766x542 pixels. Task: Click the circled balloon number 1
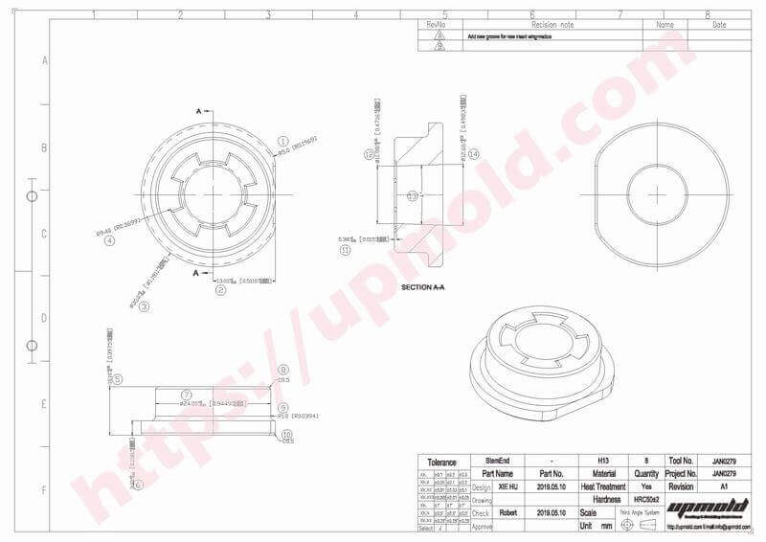click(283, 140)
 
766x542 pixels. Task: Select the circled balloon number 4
click(110, 241)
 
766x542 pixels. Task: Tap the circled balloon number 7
click(188, 395)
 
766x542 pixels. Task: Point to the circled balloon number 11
click(346, 250)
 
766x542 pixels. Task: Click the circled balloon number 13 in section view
click(413, 195)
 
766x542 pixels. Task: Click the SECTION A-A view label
click(422, 287)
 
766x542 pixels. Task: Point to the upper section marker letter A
click(199, 112)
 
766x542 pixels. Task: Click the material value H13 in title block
click(603, 460)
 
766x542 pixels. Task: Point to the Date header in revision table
click(719, 25)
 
